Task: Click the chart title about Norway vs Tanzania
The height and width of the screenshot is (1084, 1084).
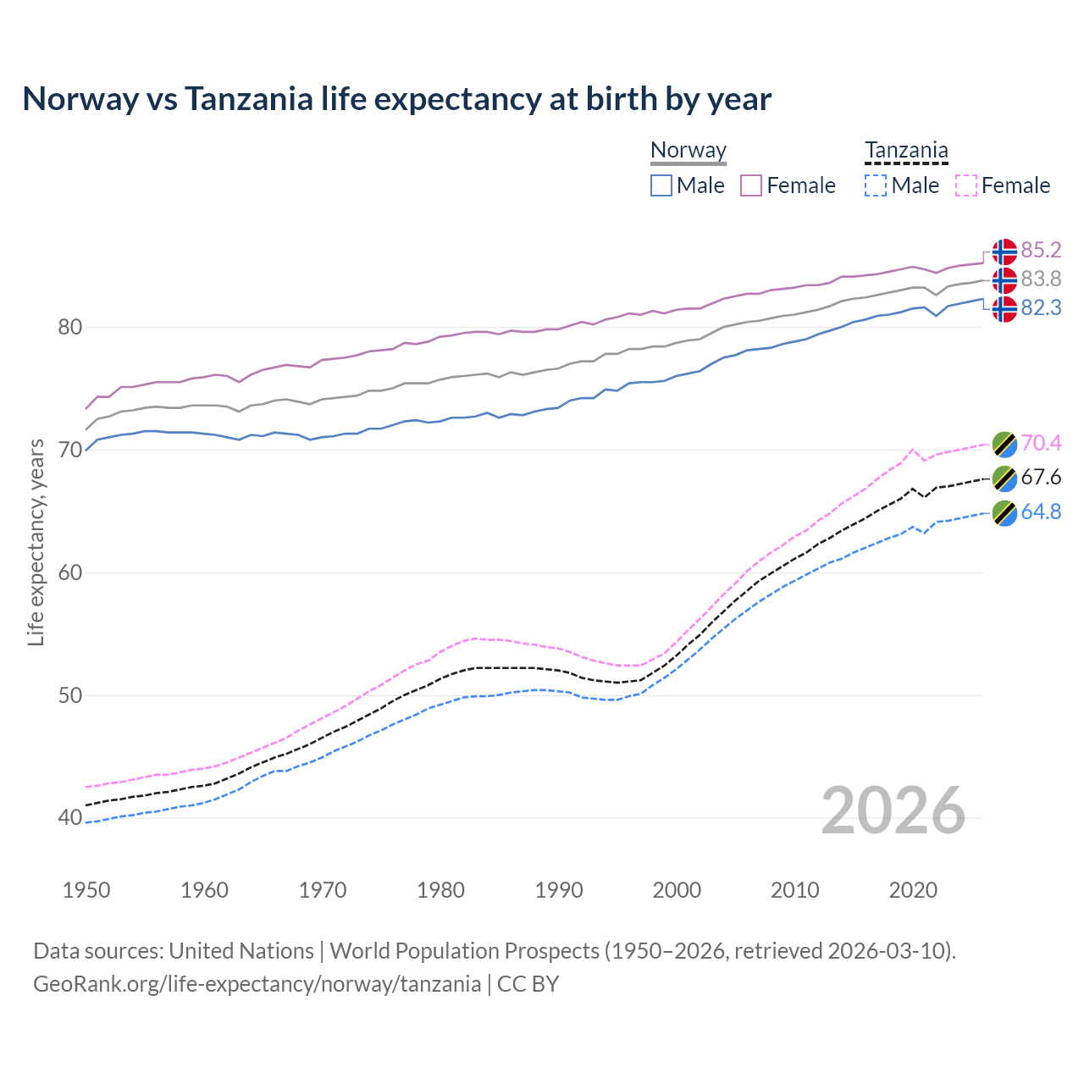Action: pyautogui.click(x=396, y=99)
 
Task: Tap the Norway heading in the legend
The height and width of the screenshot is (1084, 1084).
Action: pyautogui.click(x=688, y=151)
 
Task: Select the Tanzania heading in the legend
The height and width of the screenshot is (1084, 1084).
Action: pyautogui.click(x=905, y=151)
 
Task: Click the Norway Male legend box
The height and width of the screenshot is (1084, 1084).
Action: pyautogui.click(x=661, y=185)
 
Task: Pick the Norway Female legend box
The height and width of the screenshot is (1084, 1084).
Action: pyautogui.click(x=751, y=185)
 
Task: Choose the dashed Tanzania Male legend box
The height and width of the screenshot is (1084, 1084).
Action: pyautogui.click(x=876, y=185)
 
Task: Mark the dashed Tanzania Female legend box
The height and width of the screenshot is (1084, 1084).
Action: pyautogui.click(x=965, y=185)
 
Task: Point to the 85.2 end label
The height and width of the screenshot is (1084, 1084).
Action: pyautogui.click(x=1041, y=250)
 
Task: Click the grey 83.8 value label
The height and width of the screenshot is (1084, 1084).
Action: pyautogui.click(x=1041, y=279)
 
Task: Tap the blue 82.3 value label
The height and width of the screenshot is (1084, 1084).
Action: pyautogui.click(x=1041, y=307)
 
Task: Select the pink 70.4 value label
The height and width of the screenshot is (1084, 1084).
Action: pyautogui.click(x=1041, y=443)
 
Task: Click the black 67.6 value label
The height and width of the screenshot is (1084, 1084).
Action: pyautogui.click(x=1041, y=477)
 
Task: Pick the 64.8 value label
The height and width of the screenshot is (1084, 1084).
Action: pyautogui.click(x=1041, y=512)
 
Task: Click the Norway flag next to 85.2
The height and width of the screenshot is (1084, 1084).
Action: pyautogui.click(x=1004, y=252)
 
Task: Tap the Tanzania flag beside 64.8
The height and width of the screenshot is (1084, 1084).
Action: pyautogui.click(x=1004, y=512)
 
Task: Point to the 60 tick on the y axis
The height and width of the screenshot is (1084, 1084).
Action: pyautogui.click(x=69, y=572)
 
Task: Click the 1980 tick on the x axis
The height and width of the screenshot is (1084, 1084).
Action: pyautogui.click(x=440, y=890)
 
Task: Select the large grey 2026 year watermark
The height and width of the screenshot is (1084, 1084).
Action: pyautogui.click(x=893, y=810)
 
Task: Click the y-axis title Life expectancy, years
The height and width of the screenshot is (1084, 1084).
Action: pyautogui.click(x=36, y=542)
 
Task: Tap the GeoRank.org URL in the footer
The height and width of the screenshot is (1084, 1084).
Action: pyautogui.click(x=257, y=984)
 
